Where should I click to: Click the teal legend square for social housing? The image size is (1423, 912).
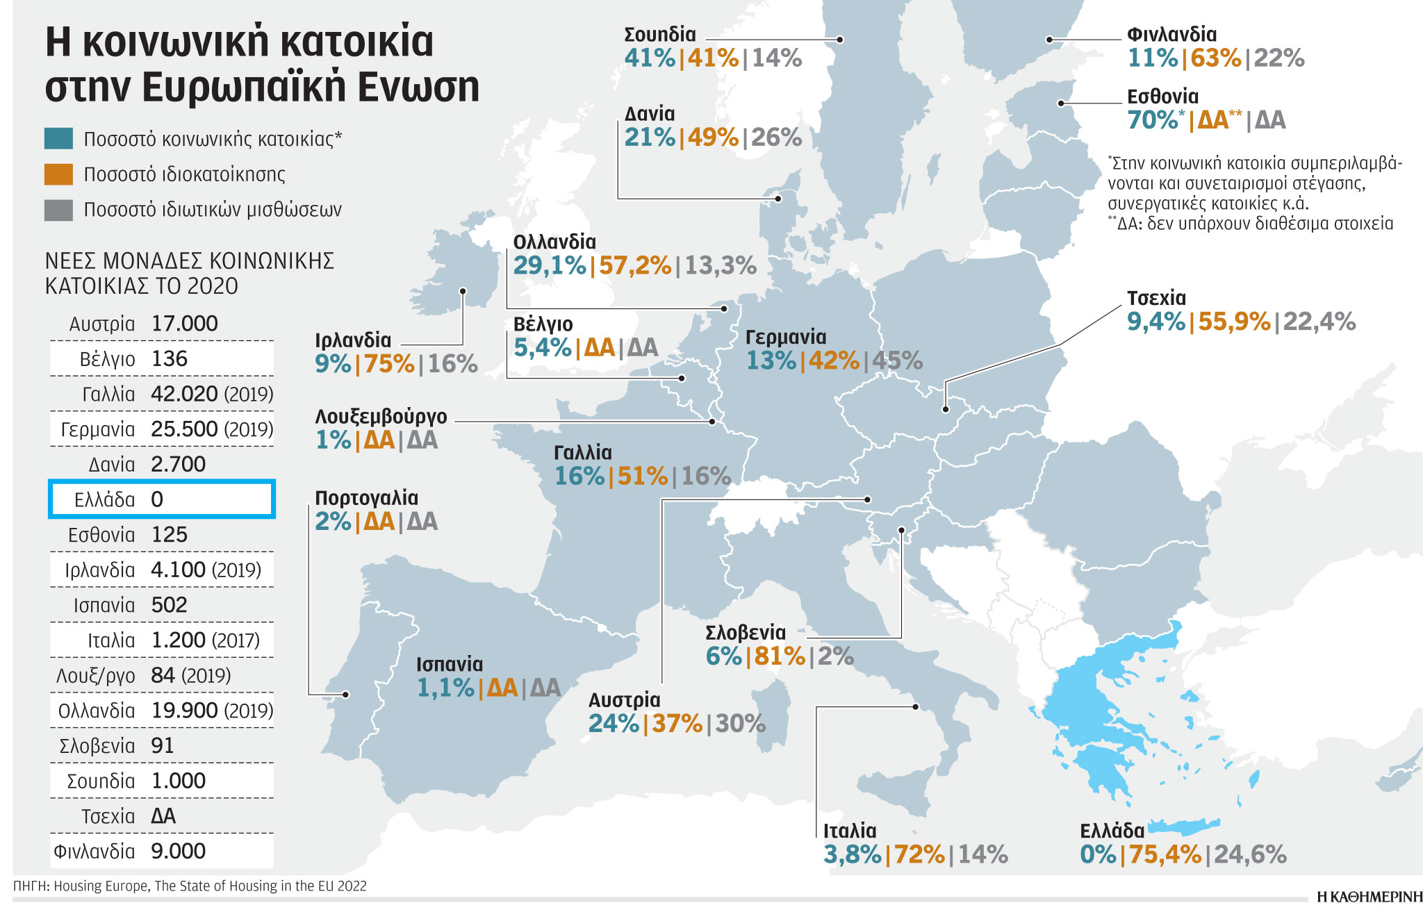pyautogui.click(x=58, y=138)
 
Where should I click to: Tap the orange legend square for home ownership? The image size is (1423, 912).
pyautogui.click(x=58, y=174)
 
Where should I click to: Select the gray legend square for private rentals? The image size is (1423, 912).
pyautogui.click(x=58, y=210)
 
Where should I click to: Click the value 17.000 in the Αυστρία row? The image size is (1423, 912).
pyautogui.click(x=184, y=324)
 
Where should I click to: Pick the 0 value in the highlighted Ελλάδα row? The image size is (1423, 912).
pyautogui.click(x=157, y=499)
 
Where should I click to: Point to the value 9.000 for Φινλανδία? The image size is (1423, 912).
pyautogui.click(x=179, y=851)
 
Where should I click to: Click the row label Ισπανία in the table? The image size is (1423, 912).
pyautogui.click(x=104, y=605)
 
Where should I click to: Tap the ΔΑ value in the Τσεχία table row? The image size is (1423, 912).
pyautogui.click(x=163, y=816)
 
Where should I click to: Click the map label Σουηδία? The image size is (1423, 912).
pyautogui.click(x=659, y=34)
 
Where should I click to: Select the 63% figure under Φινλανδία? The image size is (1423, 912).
pyautogui.click(x=1216, y=58)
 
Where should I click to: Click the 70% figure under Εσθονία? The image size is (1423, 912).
pyautogui.click(x=1153, y=120)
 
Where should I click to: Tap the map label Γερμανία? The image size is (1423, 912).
pyautogui.click(x=786, y=337)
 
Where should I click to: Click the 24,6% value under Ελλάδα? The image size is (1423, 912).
pyautogui.click(x=1250, y=854)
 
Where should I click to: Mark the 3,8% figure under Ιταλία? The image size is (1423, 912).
pyautogui.click(x=852, y=854)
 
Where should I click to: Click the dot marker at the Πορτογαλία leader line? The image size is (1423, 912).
pyautogui.click(x=346, y=695)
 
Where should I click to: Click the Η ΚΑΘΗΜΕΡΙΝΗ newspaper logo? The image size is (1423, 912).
pyautogui.click(x=1369, y=897)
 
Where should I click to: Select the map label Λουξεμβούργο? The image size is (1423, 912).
pyautogui.click(x=381, y=417)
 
